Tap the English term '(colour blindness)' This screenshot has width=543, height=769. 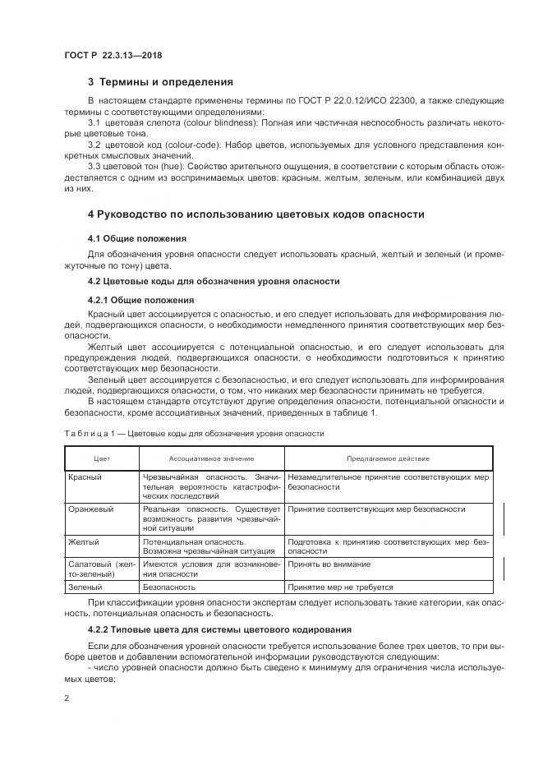pos(185,122)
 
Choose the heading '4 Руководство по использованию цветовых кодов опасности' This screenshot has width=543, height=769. pos(255,214)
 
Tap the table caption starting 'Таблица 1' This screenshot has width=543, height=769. pos(193,433)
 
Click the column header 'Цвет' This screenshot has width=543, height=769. pos(102,458)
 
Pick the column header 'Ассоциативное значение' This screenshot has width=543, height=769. pos(211,458)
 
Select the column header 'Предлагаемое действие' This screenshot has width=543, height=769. pos(389,458)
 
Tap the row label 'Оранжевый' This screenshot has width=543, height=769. pos(90,509)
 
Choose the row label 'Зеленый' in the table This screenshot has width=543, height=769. pos(85,587)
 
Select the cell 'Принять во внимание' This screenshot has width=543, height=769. pos(329,564)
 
